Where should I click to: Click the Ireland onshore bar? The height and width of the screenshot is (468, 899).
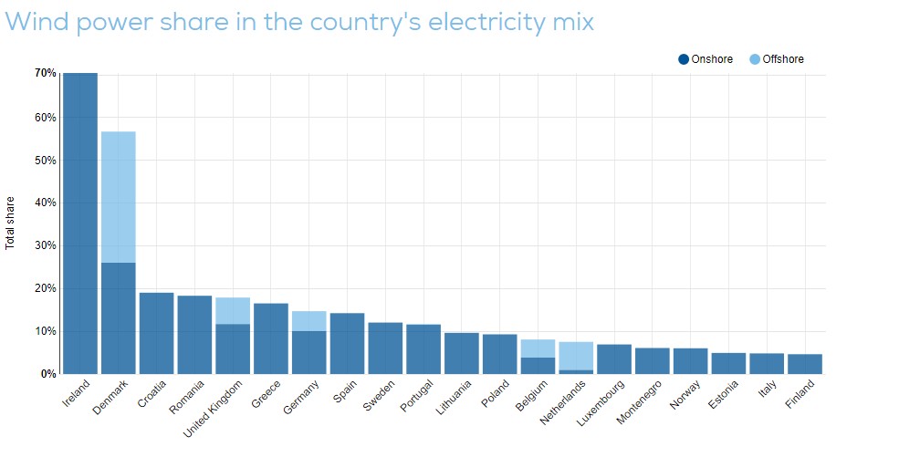80,224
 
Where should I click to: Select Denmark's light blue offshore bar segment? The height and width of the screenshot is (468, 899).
119,197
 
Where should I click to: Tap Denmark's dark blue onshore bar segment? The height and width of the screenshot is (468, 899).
119,317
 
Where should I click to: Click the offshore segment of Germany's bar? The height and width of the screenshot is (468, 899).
309,320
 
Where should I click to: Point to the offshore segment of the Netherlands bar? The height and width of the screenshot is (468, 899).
577,356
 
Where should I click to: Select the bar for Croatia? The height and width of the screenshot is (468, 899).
156,333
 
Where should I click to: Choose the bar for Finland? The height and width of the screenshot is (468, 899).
805,364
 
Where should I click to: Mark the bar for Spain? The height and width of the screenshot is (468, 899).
348,343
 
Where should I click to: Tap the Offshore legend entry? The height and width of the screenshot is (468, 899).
777,59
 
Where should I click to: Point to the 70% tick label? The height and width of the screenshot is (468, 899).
46,73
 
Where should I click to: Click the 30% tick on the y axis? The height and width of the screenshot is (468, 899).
46,245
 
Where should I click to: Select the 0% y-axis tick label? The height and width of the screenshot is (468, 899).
48,374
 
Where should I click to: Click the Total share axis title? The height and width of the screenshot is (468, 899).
10,223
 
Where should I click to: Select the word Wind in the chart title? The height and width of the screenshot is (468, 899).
37,21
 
